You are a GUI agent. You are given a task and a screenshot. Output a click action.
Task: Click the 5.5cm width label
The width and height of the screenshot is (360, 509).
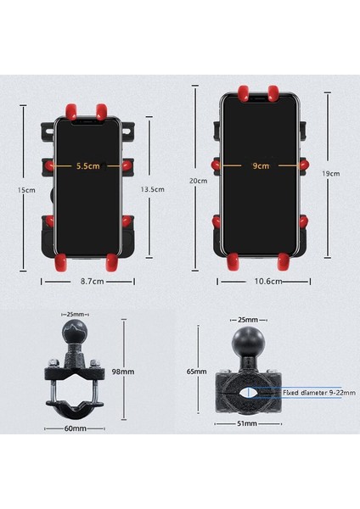[x=87, y=167]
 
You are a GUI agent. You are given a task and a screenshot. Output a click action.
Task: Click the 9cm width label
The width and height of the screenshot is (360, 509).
[x=261, y=167]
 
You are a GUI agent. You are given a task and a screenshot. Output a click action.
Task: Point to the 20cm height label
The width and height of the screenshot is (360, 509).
[x=198, y=181]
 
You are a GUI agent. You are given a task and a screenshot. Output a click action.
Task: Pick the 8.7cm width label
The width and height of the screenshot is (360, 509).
[x=87, y=280]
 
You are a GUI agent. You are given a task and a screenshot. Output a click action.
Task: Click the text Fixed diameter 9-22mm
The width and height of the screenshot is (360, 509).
[x=308, y=393]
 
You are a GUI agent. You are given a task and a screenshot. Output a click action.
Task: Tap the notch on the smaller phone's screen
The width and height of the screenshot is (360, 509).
[x=87, y=119]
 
